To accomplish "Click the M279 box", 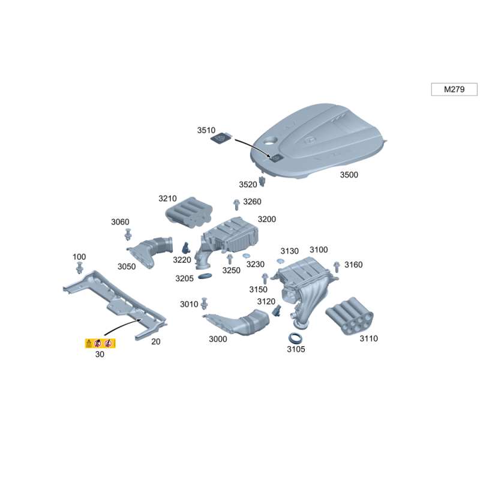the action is [454, 89].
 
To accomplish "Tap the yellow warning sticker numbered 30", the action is [100, 343].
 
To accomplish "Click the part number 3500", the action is [349, 175].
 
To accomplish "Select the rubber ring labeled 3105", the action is [295, 338].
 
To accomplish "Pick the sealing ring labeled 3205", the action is [205, 276].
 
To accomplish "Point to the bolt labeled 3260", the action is [236, 205].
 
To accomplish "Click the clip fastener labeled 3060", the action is [128, 234].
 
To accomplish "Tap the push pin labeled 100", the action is [80, 268].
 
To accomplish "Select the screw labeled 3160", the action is [337, 266].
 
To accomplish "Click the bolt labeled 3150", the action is [265, 278].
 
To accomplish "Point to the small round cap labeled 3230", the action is [247, 256].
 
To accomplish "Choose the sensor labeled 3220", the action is [186, 248].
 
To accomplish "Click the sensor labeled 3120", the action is [277, 311].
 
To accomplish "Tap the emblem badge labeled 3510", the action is [221, 139].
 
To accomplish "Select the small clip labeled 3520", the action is [262, 181].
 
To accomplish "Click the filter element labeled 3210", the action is [189, 212].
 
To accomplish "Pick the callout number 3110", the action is [368, 338].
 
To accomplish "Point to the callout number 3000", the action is [218, 339].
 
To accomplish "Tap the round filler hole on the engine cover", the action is [271, 141].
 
